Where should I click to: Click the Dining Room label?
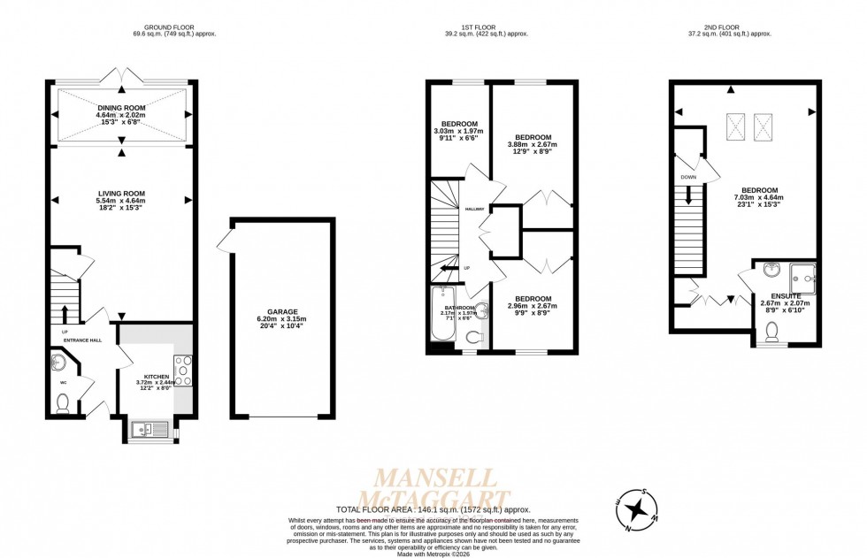point(121,108)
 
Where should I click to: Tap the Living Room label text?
point(121,194)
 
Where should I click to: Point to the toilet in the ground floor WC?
point(63,403)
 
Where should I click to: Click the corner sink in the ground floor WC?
point(58,361)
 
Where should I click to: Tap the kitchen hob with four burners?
point(184,370)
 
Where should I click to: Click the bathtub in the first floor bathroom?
point(441,315)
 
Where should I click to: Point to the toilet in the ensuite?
point(771,332)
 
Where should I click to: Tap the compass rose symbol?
point(635,510)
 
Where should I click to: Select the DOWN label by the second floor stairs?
point(687,176)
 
